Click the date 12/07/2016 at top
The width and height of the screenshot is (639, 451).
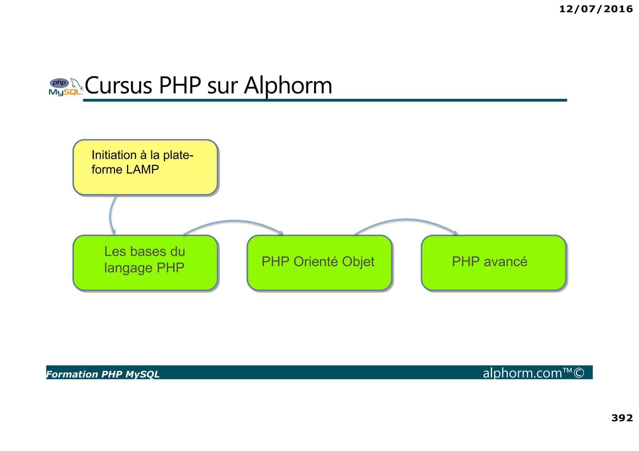(596, 9)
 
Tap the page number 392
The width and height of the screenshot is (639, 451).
(622, 418)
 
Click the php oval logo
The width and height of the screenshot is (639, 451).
(59, 83)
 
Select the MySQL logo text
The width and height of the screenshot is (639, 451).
(65, 92)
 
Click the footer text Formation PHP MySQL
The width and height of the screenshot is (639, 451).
(103, 374)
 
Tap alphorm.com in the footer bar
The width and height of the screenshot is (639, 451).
(522, 373)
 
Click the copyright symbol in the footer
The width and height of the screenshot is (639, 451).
(579, 373)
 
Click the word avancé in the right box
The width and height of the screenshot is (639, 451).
(505, 262)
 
